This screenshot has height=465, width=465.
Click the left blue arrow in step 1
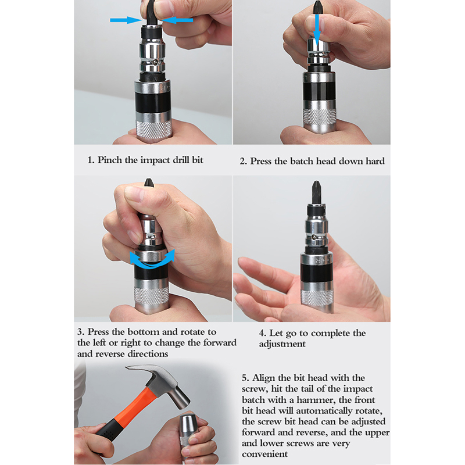(x=126, y=20)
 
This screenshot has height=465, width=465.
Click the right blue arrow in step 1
(x=177, y=20)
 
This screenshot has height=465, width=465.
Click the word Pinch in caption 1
(x=110, y=160)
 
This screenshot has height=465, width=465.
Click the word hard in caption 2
(x=375, y=161)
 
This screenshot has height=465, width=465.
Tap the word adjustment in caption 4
(x=282, y=344)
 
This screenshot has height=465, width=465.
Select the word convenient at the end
(x=264, y=454)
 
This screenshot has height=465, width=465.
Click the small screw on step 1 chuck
(x=155, y=62)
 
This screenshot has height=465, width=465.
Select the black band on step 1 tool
(x=153, y=102)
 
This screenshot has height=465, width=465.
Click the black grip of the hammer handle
(x=109, y=429)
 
